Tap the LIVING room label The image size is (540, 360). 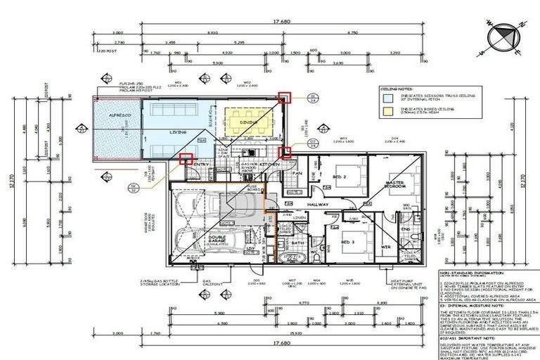(178, 131)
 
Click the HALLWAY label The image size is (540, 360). (318, 205)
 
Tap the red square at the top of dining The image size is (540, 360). (283, 98)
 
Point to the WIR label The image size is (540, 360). (386, 247)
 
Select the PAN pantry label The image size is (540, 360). (297, 173)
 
